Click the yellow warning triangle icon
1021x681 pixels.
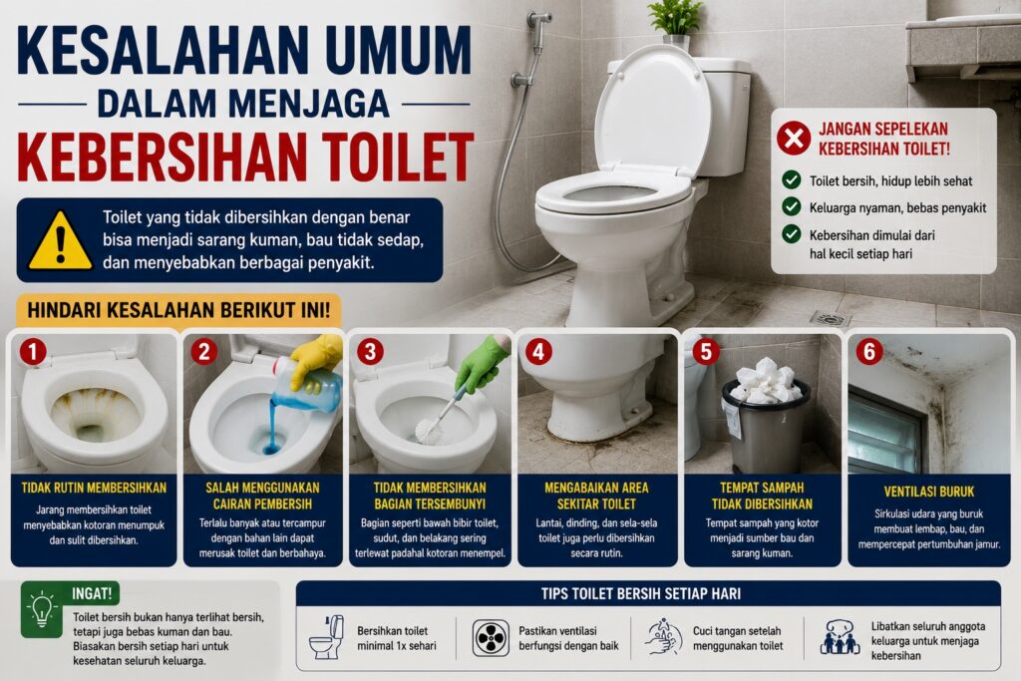tap(60, 242)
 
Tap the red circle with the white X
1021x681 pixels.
tap(793, 138)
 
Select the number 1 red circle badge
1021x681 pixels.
tap(33, 352)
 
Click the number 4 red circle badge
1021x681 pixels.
tap(538, 352)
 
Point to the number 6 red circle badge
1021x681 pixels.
tap(869, 352)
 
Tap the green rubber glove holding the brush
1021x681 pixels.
tap(483, 363)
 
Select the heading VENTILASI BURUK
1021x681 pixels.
tap(928, 492)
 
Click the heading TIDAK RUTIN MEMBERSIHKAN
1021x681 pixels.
tap(94, 488)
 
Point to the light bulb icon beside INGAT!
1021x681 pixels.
tap(42, 609)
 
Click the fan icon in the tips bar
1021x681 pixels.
tap(491, 638)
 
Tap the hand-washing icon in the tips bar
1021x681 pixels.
tap(663, 637)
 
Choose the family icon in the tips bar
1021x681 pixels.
tap(840, 637)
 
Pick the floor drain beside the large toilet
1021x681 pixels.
tap(831, 319)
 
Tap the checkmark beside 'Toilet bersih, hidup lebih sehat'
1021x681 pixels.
tap(791, 179)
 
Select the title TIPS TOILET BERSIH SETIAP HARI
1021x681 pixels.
tap(641, 594)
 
